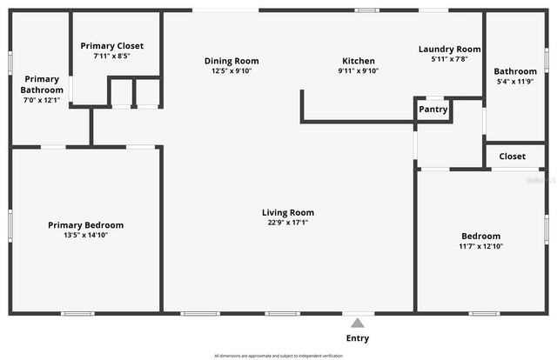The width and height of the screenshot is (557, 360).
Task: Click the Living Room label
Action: (288, 212)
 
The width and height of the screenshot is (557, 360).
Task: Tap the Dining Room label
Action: (232, 61)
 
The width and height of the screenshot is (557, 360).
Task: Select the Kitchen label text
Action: (358, 61)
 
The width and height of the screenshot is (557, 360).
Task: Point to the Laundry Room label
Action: (449, 50)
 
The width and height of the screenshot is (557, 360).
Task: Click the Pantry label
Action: (433, 110)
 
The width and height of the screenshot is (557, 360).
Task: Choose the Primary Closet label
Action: (111, 46)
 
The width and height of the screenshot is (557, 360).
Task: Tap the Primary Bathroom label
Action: (42, 84)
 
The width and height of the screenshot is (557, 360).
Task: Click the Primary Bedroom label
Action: (85, 225)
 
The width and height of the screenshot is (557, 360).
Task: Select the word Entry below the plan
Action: (358, 338)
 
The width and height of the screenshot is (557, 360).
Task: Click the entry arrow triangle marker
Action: (354, 320)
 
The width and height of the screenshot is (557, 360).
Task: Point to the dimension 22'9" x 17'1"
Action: (288, 223)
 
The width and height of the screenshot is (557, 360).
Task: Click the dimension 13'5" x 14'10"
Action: (85, 236)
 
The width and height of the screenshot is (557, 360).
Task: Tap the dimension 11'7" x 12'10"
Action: (480, 246)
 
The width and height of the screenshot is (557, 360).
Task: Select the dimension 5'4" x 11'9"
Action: (515, 82)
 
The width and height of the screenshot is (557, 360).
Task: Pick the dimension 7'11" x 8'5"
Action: (111, 57)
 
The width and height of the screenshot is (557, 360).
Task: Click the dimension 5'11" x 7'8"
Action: (449, 59)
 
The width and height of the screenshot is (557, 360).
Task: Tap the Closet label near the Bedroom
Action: (513, 157)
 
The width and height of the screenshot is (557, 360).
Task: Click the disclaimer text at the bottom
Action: (278, 355)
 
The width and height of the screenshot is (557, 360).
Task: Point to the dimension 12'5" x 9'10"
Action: (232, 71)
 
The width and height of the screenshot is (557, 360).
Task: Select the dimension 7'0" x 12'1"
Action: (42, 100)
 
